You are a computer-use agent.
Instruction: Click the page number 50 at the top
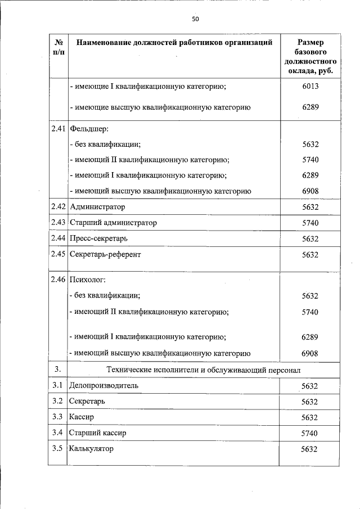[195, 19]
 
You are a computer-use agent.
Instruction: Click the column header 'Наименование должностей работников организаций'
[174, 42]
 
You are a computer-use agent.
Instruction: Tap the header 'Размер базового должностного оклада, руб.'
[310, 57]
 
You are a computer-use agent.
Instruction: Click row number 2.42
[58, 207]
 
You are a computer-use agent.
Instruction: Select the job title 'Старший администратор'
[112, 223]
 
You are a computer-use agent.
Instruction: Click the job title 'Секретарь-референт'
[105, 254]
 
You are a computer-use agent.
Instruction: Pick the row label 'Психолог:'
[87, 280]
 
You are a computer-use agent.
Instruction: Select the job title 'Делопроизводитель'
[102, 386]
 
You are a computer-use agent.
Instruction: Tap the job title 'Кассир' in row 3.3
[81, 417]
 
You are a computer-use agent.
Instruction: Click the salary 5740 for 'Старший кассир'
[310, 433]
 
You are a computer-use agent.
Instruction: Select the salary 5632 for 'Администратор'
[310, 207]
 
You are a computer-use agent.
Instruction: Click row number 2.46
[58, 280]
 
